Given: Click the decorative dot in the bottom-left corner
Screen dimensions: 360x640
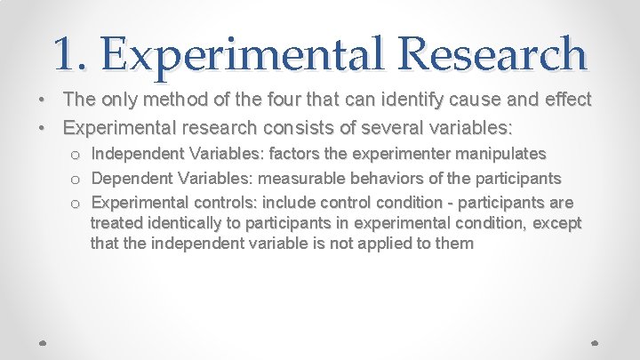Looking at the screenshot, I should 44,340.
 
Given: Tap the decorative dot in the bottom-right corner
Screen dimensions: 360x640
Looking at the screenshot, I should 596,340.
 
